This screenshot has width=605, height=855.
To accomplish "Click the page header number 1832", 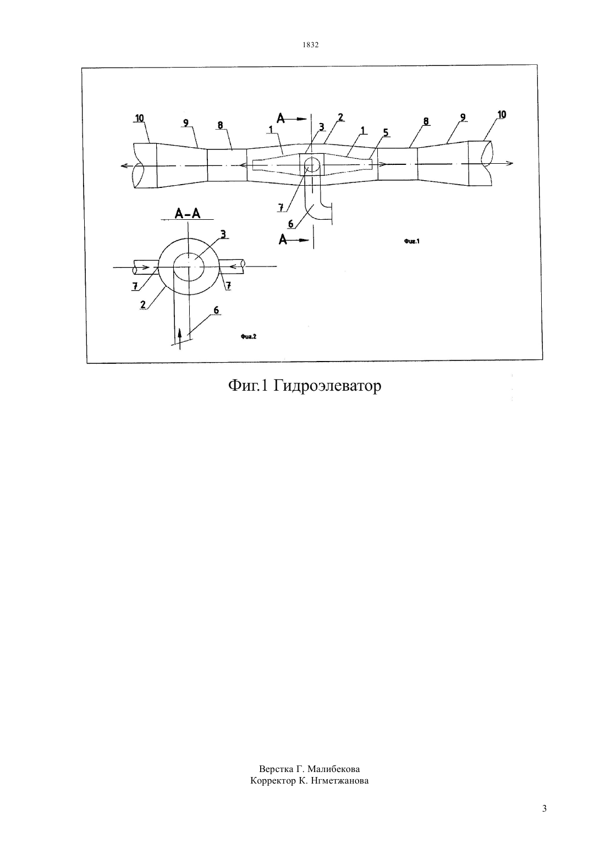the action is pyautogui.click(x=311, y=45).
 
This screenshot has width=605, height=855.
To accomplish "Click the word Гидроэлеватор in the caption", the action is pyautogui.click(x=327, y=386).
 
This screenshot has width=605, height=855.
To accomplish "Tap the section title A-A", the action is pyautogui.click(x=187, y=213).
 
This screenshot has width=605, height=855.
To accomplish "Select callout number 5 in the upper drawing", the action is pyautogui.click(x=386, y=132).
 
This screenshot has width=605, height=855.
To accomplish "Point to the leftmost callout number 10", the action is pyautogui.click(x=139, y=118).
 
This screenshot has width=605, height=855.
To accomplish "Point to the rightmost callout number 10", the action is pyautogui.click(x=502, y=114).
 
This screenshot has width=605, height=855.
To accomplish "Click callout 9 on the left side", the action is pyautogui.click(x=186, y=123).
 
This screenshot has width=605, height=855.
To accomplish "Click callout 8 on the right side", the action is pyautogui.click(x=426, y=121).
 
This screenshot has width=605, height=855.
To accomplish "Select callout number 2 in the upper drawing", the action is pyautogui.click(x=340, y=117).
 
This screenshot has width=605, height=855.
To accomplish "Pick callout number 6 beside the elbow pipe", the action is pyautogui.click(x=291, y=224).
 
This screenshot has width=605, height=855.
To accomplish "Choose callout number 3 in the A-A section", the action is pyautogui.click(x=223, y=234).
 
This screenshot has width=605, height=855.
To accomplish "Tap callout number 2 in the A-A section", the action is pyautogui.click(x=143, y=304).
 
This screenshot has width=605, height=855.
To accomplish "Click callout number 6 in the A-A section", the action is pyautogui.click(x=216, y=310).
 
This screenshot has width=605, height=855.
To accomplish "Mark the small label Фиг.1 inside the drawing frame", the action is pyautogui.click(x=412, y=241).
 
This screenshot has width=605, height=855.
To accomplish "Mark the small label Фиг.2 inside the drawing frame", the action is pyautogui.click(x=249, y=337).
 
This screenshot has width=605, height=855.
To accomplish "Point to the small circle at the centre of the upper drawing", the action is pyautogui.click(x=312, y=164).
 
